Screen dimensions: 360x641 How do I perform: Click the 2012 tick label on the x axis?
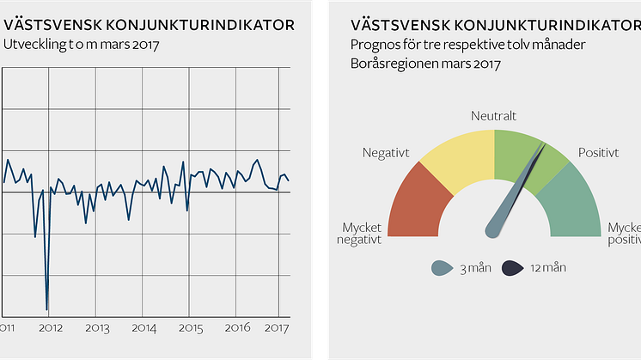[50, 327]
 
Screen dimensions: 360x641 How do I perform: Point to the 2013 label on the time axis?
[97, 327]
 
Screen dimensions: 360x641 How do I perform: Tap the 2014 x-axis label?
[143, 327]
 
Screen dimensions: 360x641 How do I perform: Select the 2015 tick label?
[190, 327]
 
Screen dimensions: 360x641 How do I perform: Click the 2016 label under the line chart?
[236, 327]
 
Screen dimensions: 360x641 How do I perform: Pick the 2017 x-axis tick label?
[277, 327]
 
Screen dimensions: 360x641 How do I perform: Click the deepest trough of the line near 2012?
[46, 308]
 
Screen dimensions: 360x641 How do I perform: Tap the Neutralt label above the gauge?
[494, 115]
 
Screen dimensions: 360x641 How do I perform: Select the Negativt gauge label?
[385, 153]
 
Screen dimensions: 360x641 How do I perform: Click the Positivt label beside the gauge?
[598, 153]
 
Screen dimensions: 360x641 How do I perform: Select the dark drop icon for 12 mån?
[513, 268]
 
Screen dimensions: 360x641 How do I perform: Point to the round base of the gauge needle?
[494, 229]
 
